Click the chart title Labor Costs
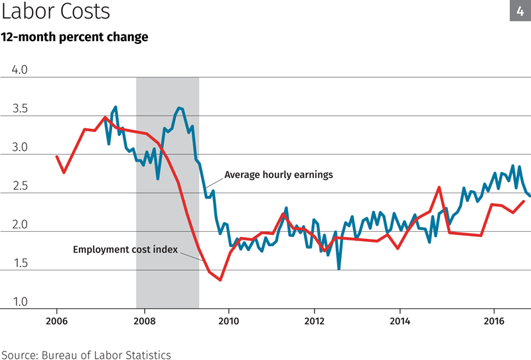point(56,12)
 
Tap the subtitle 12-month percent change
point(74,37)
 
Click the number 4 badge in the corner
point(520,11)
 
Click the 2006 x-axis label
point(56,323)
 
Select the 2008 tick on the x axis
point(143,323)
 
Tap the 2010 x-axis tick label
point(228,323)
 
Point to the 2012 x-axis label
point(315,323)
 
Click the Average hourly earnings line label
point(278,175)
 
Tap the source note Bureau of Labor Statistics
point(86,355)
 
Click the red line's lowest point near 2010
point(220,280)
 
